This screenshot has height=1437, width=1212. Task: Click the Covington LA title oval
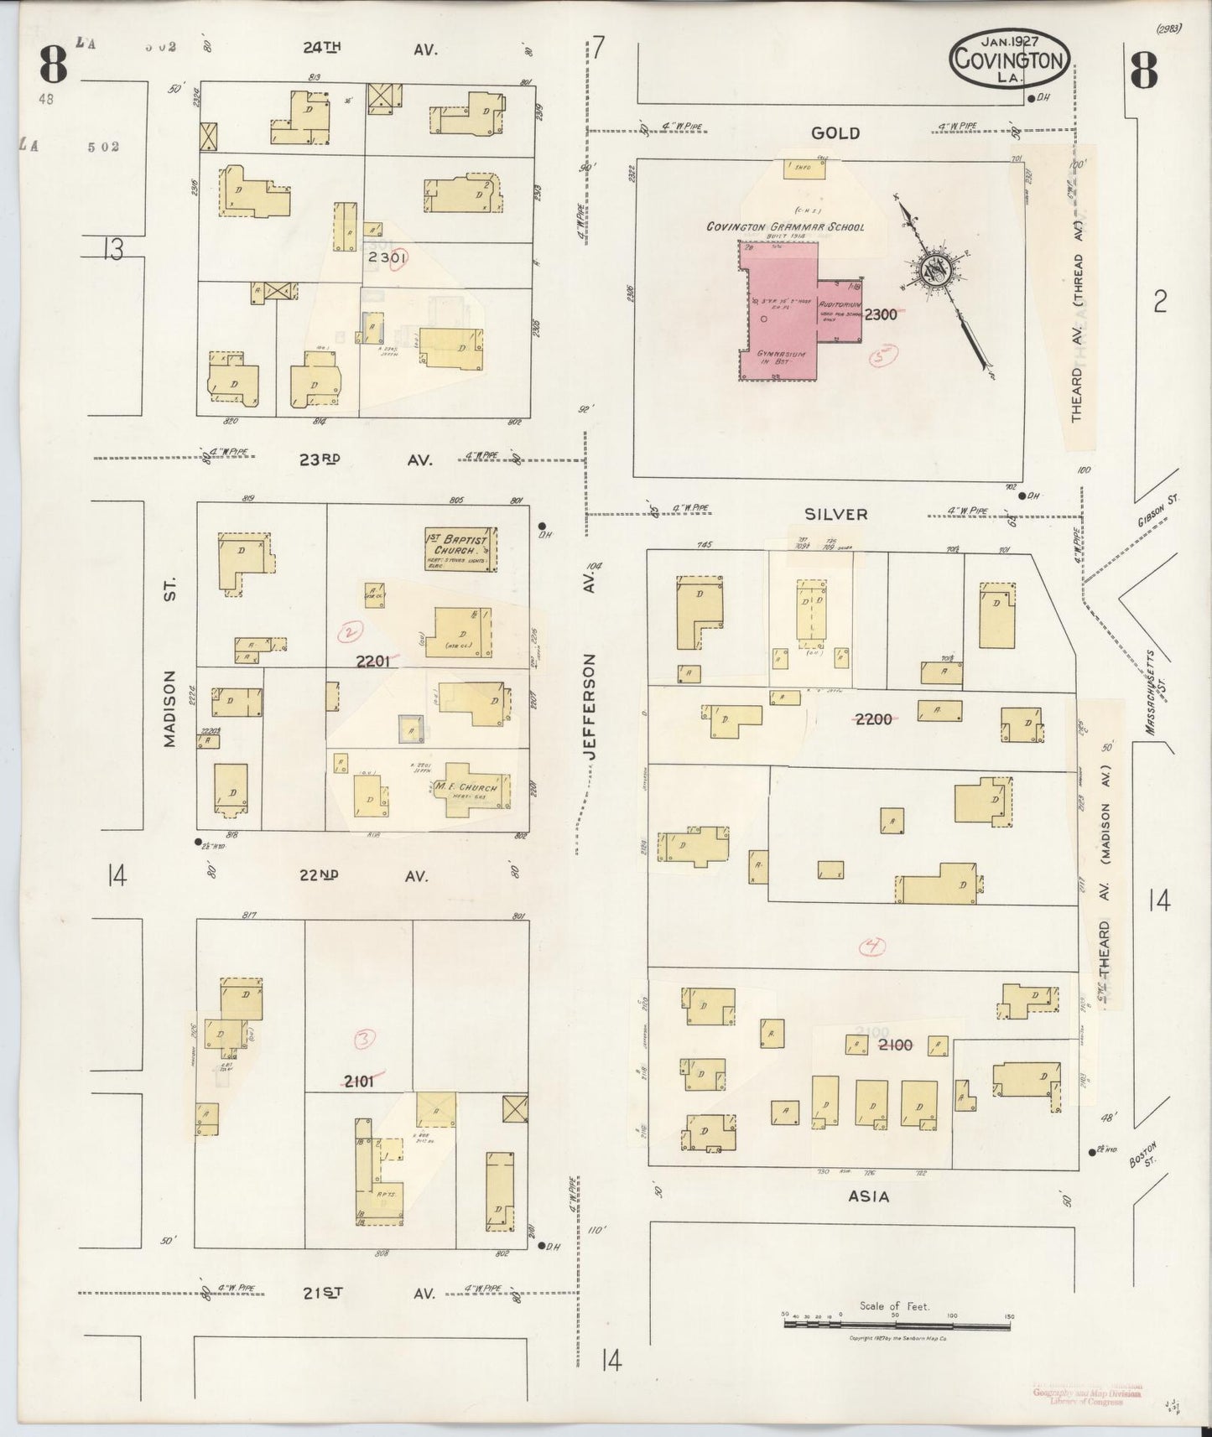[x=1009, y=59]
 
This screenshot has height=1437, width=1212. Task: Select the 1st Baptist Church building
[x=460, y=548]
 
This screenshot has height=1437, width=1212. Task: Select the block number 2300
[x=881, y=314]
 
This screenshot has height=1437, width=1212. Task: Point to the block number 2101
[x=359, y=1082]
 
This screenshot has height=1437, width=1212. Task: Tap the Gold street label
[x=835, y=133]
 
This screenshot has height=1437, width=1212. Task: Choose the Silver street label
[x=835, y=514]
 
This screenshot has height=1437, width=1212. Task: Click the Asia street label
[x=868, y=1197]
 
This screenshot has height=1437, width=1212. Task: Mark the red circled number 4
[x=873, y=947]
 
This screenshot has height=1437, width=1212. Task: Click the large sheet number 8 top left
[x=52, y=65]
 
